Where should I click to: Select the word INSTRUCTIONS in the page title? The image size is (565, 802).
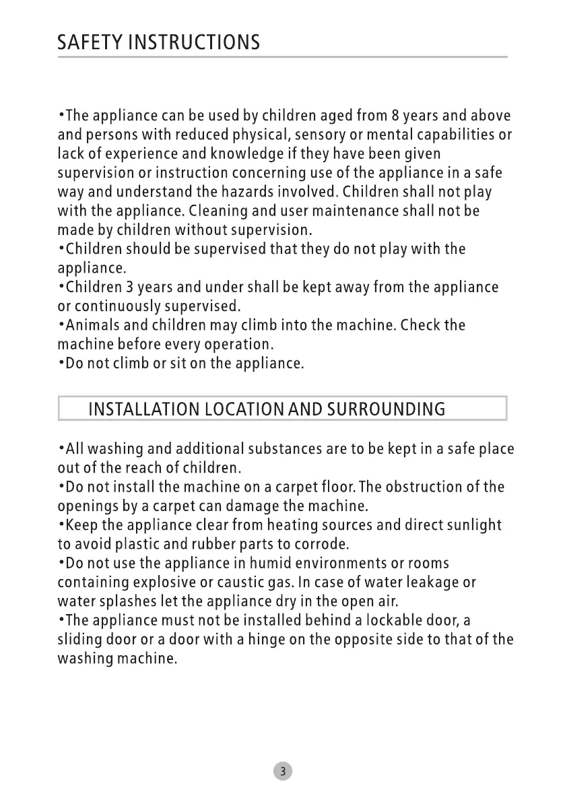pyautogui.click(x=194, y=43)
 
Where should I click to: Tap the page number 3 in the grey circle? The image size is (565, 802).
pyautogui.click(x=283, y=771)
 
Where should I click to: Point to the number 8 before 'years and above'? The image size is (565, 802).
pyautogui.click(x=396, y=116)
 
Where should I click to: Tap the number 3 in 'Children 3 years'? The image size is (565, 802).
pyautogui.click(x=127, y=288)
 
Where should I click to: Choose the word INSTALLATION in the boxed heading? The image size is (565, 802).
pyautogui.click(x=141, y=409)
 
